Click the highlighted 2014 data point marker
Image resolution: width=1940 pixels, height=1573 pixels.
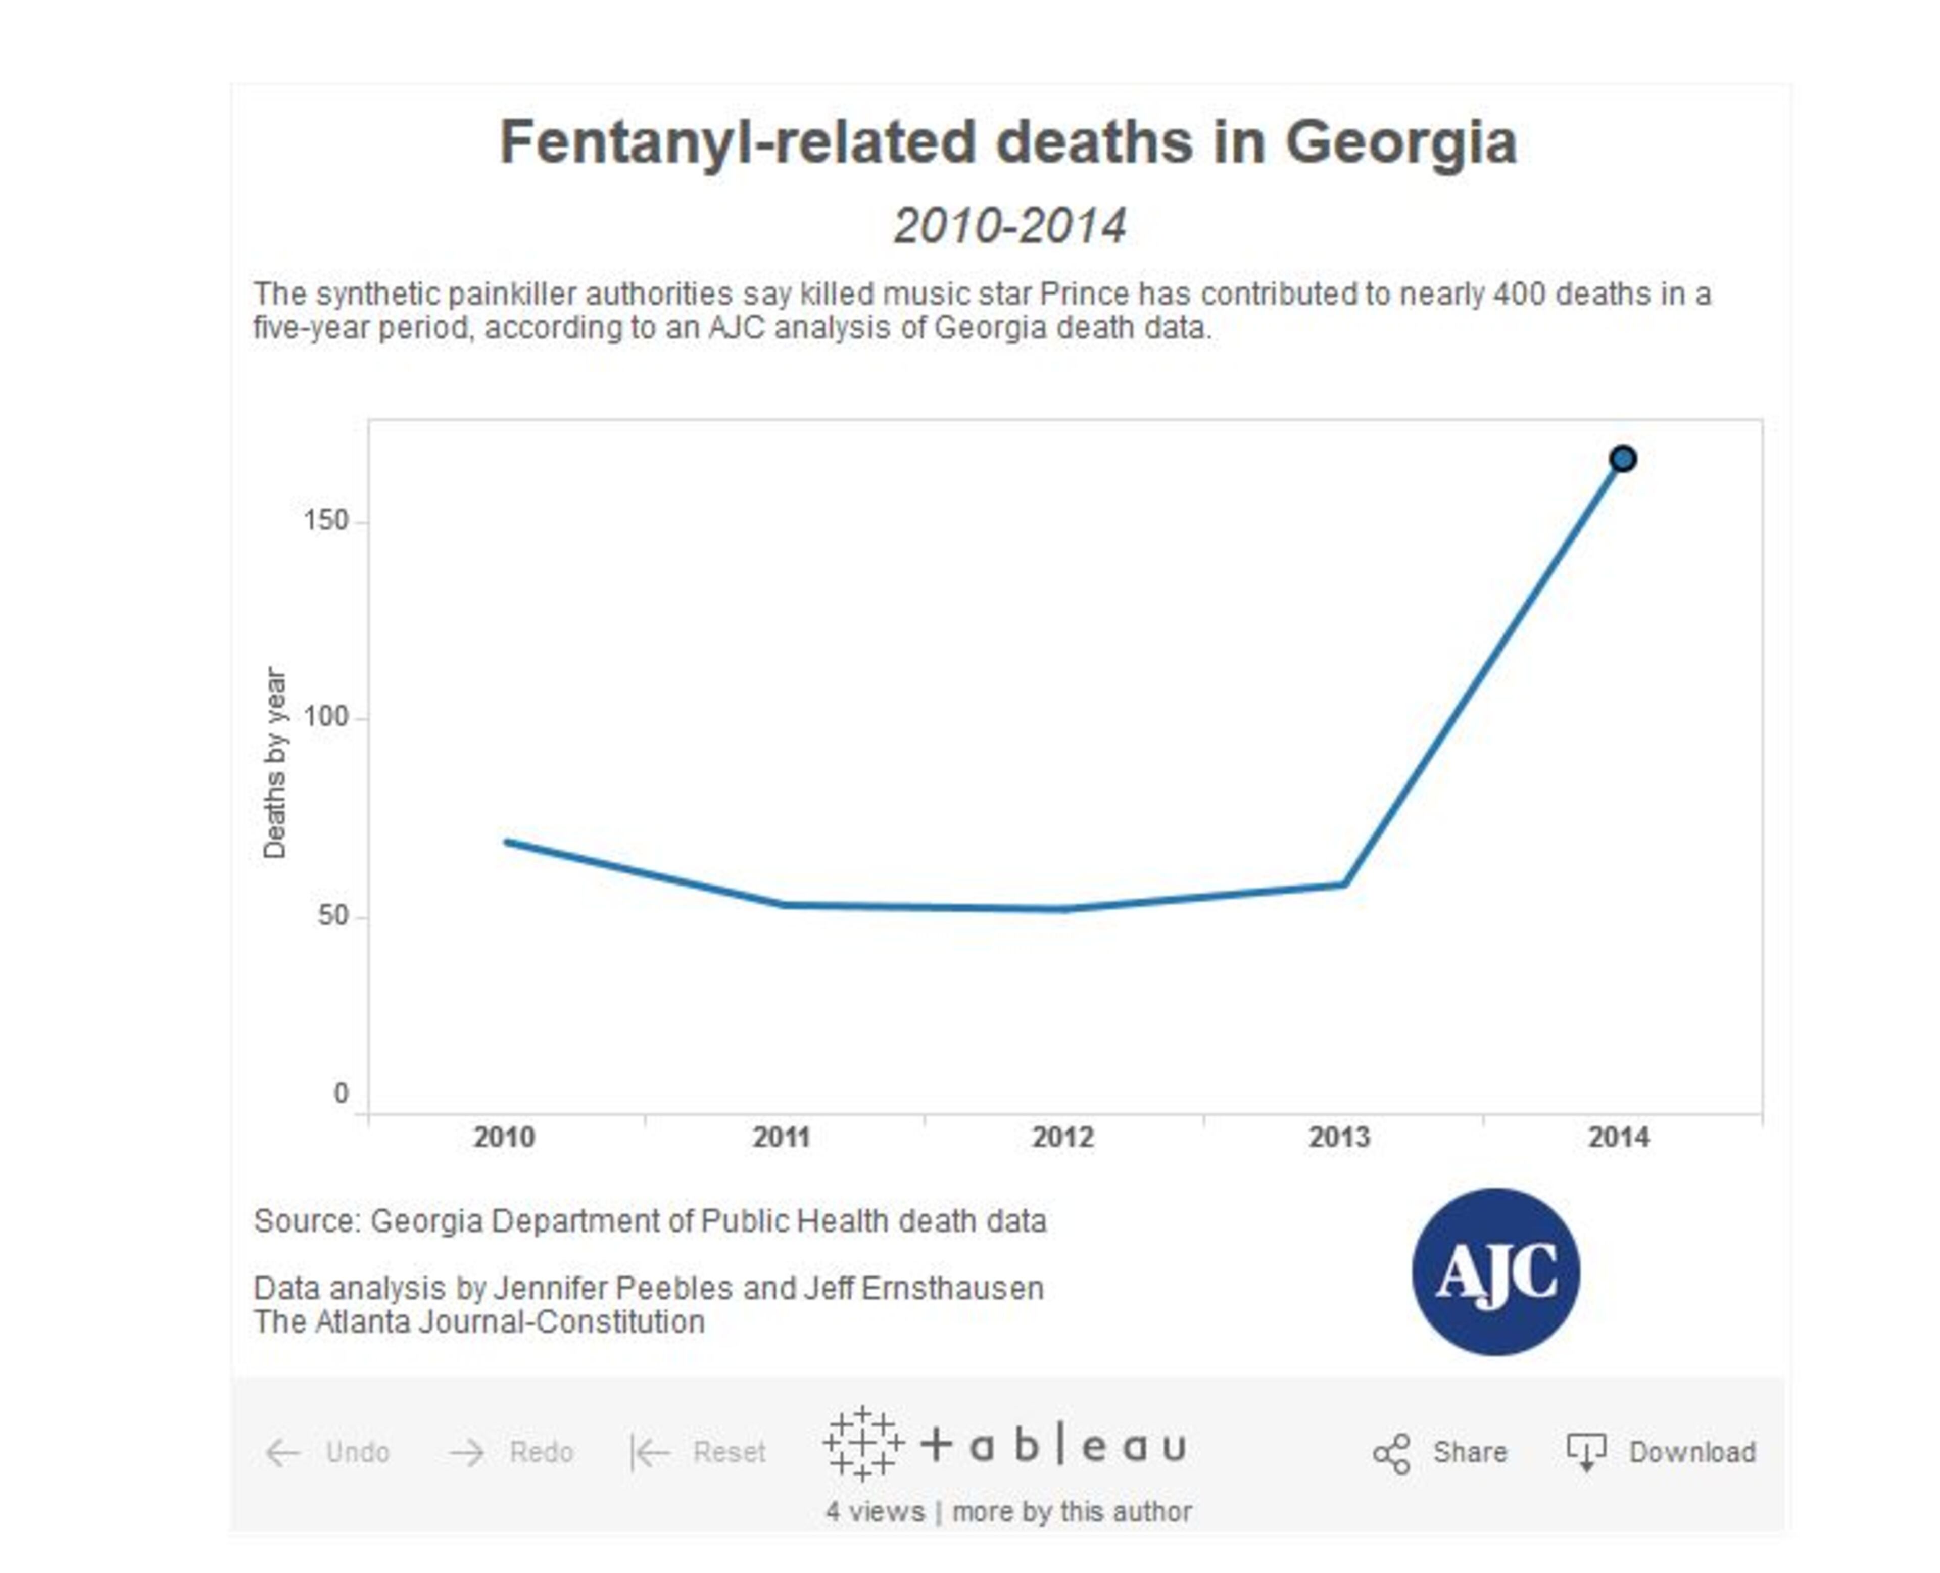pos(1622,459)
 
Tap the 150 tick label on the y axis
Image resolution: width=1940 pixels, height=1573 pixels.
pos(326,520)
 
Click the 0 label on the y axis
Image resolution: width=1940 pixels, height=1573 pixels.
pos(341,1094)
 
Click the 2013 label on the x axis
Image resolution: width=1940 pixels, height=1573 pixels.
pos(1339,1137)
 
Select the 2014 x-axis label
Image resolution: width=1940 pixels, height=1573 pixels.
pos(1618,1137)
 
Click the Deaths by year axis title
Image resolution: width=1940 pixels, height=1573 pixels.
pos(274,763)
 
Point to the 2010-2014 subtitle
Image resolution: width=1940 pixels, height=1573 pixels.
pos(1009,225)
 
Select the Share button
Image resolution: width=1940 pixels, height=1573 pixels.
pos(1441,1452)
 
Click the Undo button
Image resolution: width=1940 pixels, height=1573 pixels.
pos(328,1452)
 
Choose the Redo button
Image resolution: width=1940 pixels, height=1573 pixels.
pos(512,1452)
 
